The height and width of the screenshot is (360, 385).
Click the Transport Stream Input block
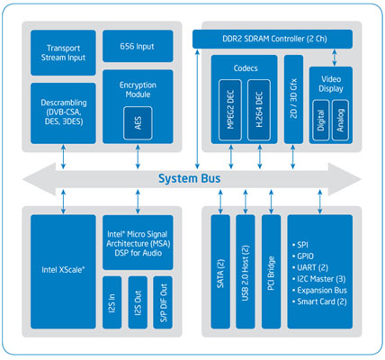(x=63, y=52)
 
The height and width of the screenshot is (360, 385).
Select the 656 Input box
(x=138, y=46)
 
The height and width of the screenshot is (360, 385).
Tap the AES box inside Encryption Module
(x=138, y=123)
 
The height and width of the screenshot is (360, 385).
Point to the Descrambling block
(x=63, y=113)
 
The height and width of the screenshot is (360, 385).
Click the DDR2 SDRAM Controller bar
(x=273, y=39)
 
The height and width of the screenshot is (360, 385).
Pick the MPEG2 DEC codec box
(x=230, y=110)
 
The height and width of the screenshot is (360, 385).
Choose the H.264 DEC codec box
(x=259, y=110)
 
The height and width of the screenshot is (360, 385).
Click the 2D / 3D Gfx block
(x=293, y=99)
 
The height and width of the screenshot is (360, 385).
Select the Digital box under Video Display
(x=321, y=120)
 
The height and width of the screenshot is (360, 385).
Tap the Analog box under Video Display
(x=340, y=120)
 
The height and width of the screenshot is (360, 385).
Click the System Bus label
(x=189, y=178)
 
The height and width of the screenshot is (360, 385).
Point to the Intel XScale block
(x=63, y=272)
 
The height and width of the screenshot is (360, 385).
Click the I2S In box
(x=112, y=302)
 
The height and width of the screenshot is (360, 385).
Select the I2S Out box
(x=138, y=302)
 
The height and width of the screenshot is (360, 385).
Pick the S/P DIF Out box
(x=163, y=302)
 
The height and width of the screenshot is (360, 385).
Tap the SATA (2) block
(x=220, y=272)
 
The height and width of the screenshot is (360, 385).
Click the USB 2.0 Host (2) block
(x=246, y=272)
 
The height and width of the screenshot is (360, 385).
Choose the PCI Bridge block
(x=272, y=272)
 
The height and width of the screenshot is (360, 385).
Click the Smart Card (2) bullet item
(x=319, y=301)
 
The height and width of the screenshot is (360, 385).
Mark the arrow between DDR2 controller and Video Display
(x=335, y=58)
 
